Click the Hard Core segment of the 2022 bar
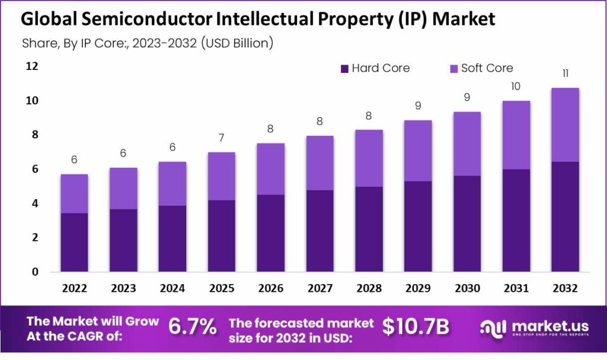(74, 242)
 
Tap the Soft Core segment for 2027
(319, 163)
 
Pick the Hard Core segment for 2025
(222, 235)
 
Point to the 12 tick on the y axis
(31, 66)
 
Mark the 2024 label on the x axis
(172, 288)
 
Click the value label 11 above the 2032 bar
(565, 74)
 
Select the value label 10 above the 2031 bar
(516, 87)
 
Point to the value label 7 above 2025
(222, 138)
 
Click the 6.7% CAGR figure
(193, 327)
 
